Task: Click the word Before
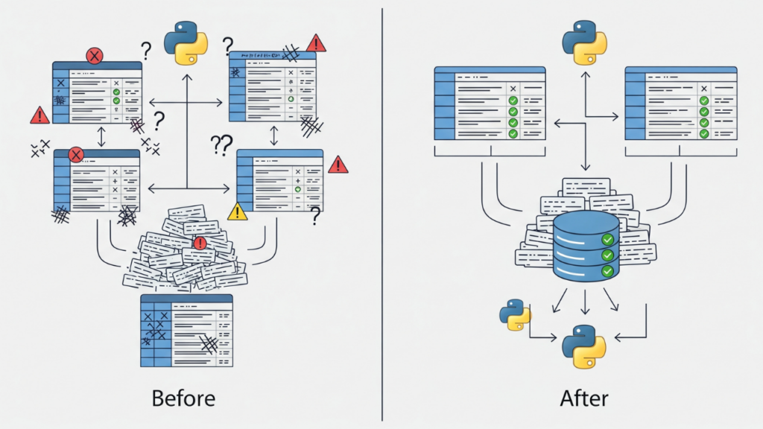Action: [x=183, y=398]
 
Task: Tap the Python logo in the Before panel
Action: [x=185, y=44]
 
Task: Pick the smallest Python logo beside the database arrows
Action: [x=515, y=314]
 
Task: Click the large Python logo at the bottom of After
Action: [x=583, y=347]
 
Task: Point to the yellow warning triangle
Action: [x=238, y=212]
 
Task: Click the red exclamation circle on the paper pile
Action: [x=199, y=243]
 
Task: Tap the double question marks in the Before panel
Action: [x=221, y=144]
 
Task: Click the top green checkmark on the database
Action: [x=608, y=240]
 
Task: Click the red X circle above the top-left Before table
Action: [x=95, y=55]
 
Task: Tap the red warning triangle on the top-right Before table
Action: [x=316, y=42]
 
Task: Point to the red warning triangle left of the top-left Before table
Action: [x=39, y=115]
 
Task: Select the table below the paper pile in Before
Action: [x=186, y=330]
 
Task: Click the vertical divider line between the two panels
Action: [x=382, y=214]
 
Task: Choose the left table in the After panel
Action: [x=490, y=104]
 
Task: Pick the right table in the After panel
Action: [x=680, y=104]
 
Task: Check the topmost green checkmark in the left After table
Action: [x=513, y=101]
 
